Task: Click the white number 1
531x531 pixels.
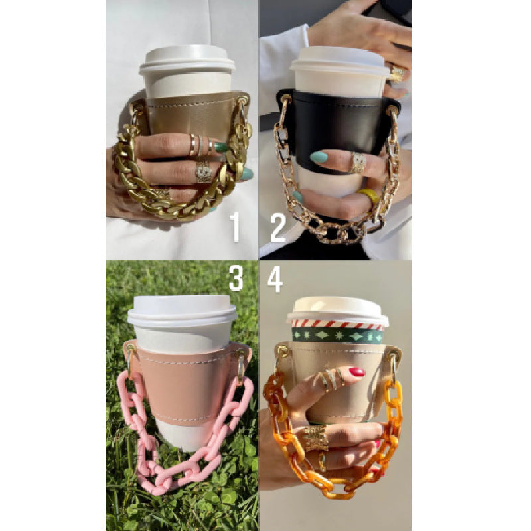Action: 234,227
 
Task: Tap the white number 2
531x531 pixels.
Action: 278,227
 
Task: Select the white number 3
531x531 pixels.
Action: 236,278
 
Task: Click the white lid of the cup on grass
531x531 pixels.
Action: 181,310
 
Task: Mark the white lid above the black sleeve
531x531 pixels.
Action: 340,60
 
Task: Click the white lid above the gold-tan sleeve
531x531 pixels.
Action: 187,58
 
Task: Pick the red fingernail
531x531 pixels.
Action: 357,372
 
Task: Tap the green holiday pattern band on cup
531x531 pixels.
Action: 337,336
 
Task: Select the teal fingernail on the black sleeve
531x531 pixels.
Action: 319,157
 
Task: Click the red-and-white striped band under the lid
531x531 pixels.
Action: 337,324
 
